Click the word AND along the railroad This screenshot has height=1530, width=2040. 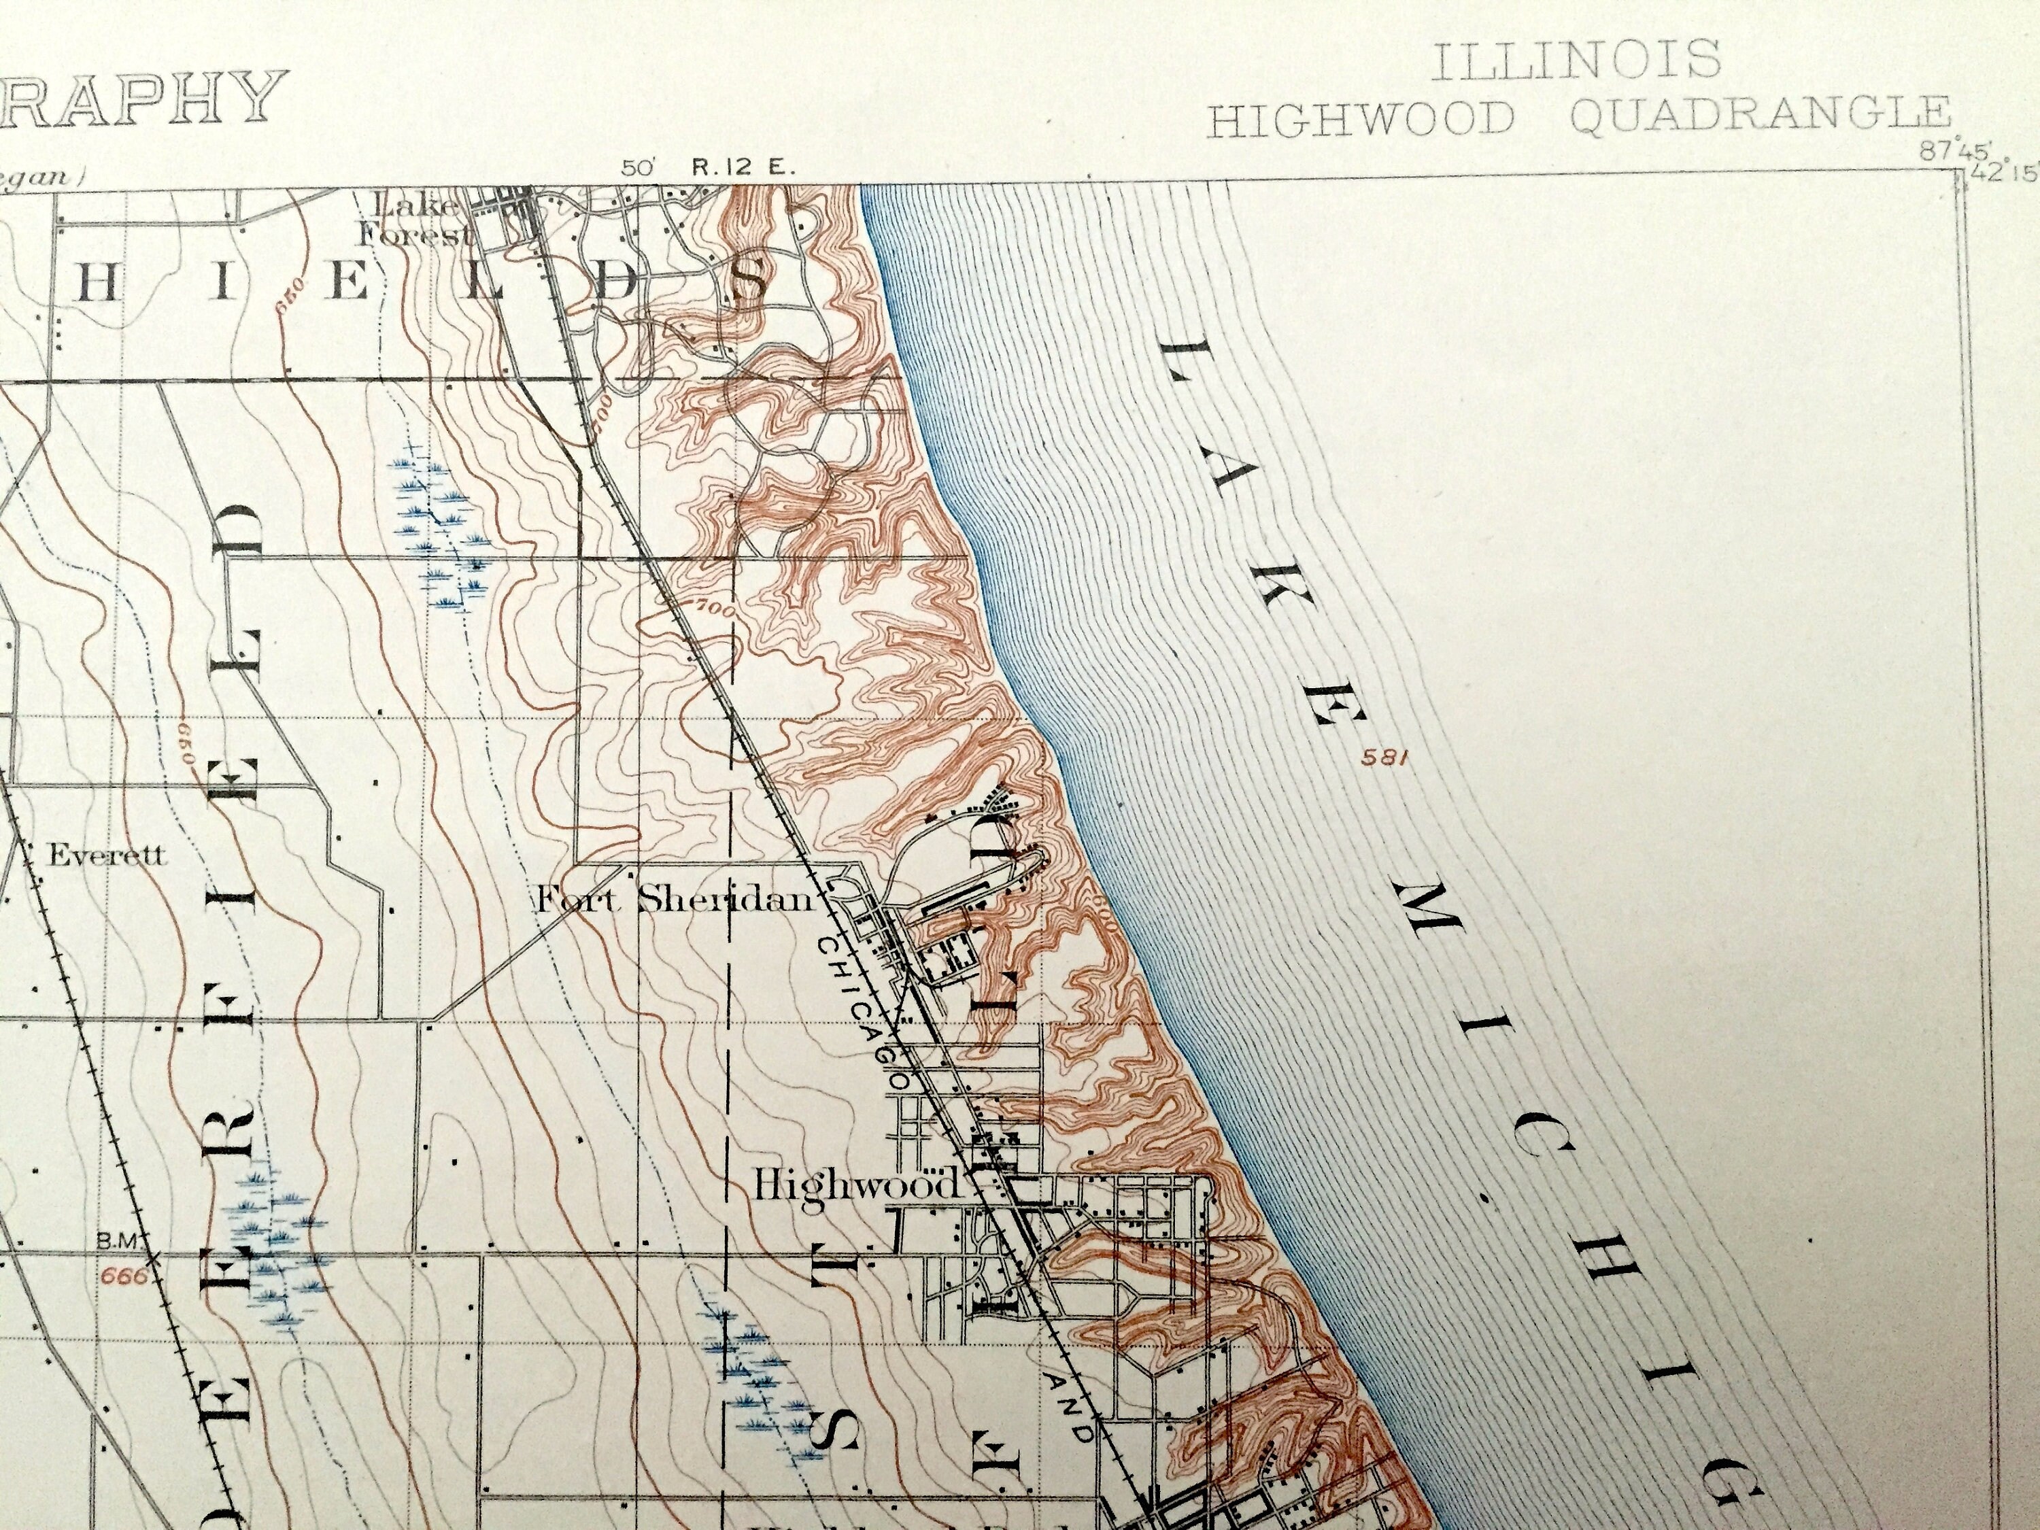click(x=1071, y=1395)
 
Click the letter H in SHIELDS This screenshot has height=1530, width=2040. click(x=101, y=285)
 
